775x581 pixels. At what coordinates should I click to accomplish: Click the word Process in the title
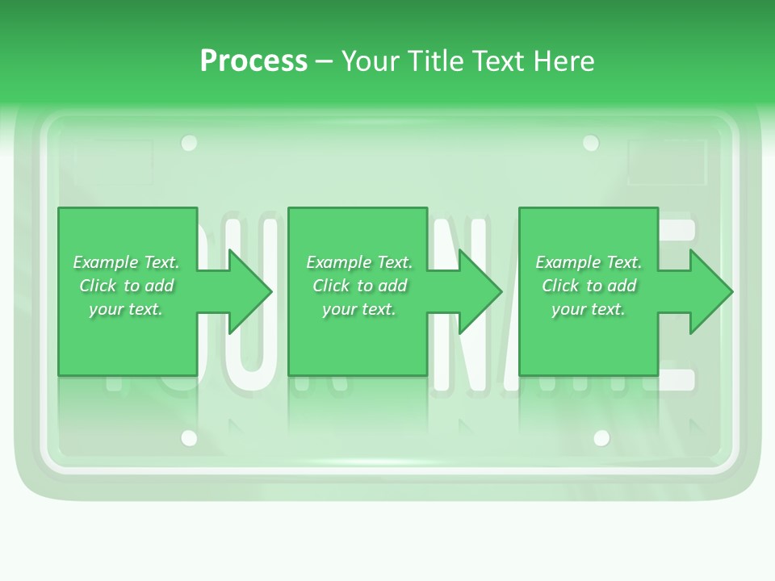253,61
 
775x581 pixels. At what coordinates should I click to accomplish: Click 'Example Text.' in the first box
126,262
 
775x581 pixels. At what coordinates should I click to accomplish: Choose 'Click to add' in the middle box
359,286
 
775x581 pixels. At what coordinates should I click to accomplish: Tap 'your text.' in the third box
589,309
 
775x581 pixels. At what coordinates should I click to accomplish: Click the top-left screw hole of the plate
189,144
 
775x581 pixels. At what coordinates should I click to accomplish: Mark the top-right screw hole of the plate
591,144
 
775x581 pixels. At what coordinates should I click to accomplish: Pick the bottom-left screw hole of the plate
189,438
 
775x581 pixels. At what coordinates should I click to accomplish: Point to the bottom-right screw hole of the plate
601,438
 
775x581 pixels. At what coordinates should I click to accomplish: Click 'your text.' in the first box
126,309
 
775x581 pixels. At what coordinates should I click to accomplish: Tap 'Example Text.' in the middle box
359,262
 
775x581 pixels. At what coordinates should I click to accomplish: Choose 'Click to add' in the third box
589,286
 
